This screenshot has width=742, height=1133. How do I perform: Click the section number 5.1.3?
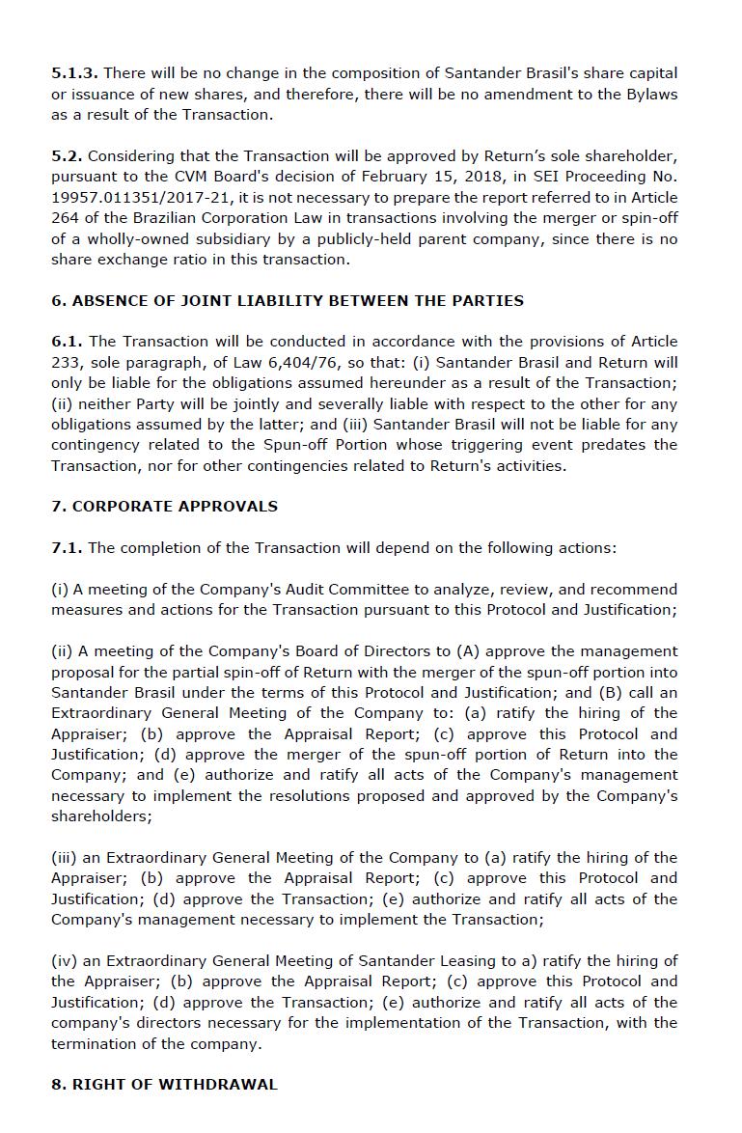tap(75, 73)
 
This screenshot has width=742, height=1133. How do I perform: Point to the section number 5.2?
tap(67, 156)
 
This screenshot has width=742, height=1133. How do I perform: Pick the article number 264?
tap(67, 218)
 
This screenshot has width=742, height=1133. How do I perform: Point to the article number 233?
tap(67, 363)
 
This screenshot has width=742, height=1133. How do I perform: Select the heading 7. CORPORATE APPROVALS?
tap(164, 507)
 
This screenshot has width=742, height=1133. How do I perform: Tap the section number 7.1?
tap(67, 548)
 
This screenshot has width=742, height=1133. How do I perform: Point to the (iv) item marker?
tap(64, 961)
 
